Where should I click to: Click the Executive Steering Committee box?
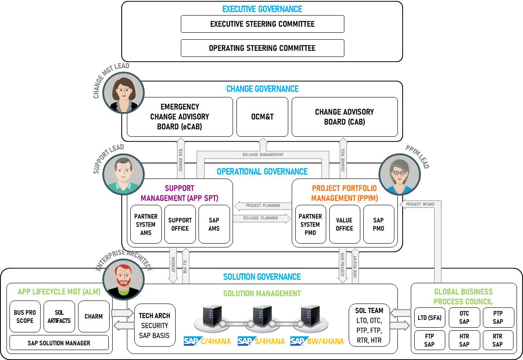point(262,24)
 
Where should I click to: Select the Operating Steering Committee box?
point(262,48)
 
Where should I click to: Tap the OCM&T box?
point(262,116)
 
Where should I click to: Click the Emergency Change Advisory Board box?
point(180,116)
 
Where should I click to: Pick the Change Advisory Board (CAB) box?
point(344,116)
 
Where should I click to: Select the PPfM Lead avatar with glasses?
point(400,175)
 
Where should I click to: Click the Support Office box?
point(180,224)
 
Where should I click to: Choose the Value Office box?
point(344,224)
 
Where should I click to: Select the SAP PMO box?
point(378,224)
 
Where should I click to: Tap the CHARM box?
point(94,316)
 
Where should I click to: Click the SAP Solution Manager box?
point(59,343)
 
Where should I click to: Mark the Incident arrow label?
point(173,264)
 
